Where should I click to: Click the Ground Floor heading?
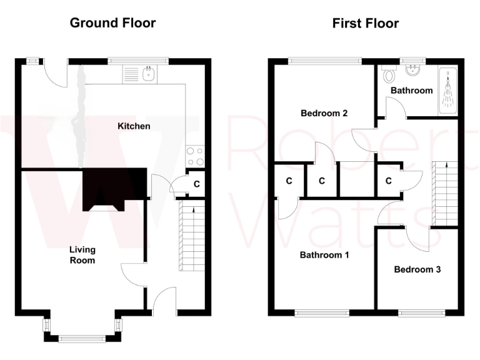[x=112, y=23]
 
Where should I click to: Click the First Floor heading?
[x=365, y=24]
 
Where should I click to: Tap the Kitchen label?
[x=134, y=126]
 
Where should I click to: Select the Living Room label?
[x=82, y=254]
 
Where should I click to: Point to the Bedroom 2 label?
[x=324, y=113]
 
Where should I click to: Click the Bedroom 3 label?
[x=417, y=269]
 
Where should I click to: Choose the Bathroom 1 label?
[x=324, y=255]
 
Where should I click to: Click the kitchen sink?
[x=147, y=74]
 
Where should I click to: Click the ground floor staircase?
[x=192, y=234]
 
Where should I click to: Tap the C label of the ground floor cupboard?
[x=196, y=184]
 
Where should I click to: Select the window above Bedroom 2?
[x=325, y=61]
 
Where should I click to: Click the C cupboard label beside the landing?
[x=388, y=181]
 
